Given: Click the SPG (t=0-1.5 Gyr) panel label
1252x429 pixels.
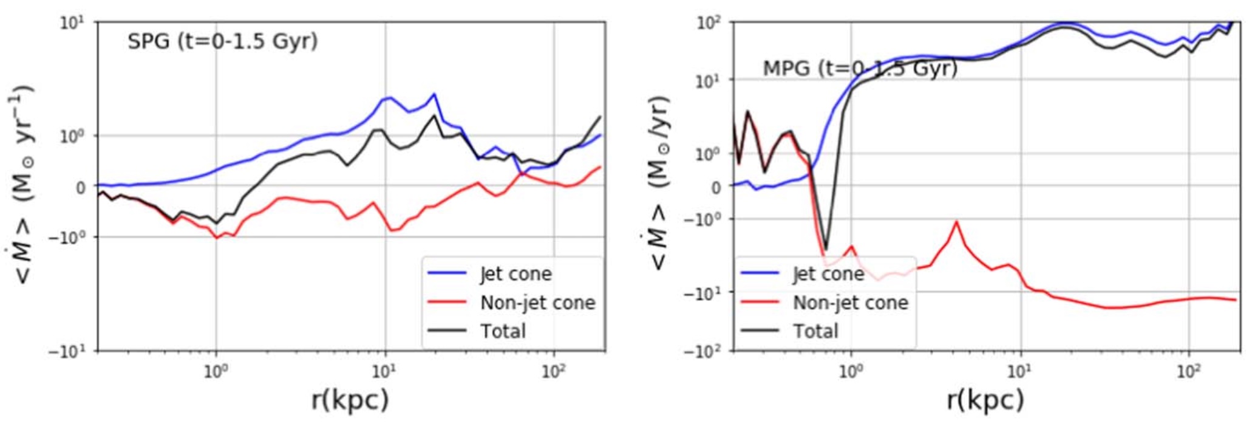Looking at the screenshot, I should tap(222, 41).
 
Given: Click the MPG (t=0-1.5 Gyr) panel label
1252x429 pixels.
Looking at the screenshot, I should tap(860, 68).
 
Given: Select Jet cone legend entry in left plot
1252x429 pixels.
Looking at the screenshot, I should tap(515, 273).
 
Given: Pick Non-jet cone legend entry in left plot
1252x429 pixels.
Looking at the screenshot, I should tap(537, 302).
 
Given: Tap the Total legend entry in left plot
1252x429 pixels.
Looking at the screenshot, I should tap(503, 331).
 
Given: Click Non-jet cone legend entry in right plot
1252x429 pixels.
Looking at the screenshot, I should tap(850, 302).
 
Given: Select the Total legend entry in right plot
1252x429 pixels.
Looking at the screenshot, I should tap(815, 331).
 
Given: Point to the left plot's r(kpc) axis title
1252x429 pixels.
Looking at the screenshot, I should tap(350, 399).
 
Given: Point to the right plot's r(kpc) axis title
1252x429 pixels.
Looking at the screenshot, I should tap(985, 399).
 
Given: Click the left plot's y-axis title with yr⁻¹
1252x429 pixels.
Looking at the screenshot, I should tap(24, 185).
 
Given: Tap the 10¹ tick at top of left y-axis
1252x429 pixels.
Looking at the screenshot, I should tap(72, 23).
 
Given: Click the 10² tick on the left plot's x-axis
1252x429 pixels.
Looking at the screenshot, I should tap(553, 371).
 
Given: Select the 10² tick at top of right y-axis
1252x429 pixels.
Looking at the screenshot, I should tap(708, 23).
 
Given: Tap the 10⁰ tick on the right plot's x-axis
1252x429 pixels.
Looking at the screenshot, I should tap(851, 371).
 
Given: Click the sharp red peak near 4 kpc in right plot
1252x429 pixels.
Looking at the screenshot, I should tap(957, 222).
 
